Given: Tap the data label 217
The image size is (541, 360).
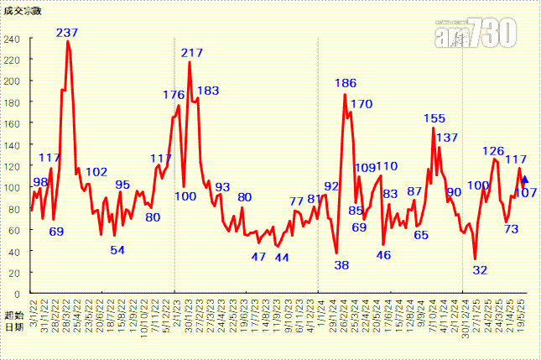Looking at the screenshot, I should coord(192,53).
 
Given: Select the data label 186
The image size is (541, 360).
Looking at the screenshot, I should coord(346,83).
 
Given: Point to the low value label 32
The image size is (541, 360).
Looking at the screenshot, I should coord(480,270).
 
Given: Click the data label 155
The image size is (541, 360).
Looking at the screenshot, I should coord(434,118).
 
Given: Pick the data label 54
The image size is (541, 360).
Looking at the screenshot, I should coord(117,250).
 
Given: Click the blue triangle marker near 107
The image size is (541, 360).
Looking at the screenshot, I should coord(525,180).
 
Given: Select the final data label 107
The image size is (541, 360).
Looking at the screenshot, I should coord(527,192).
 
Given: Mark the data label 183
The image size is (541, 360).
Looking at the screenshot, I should coord(208,91).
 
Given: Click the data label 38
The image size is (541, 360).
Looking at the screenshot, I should coord(341,265).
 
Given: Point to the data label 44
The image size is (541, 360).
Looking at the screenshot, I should coord(282,258).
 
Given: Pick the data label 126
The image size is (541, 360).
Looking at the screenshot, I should coord(493,151).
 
